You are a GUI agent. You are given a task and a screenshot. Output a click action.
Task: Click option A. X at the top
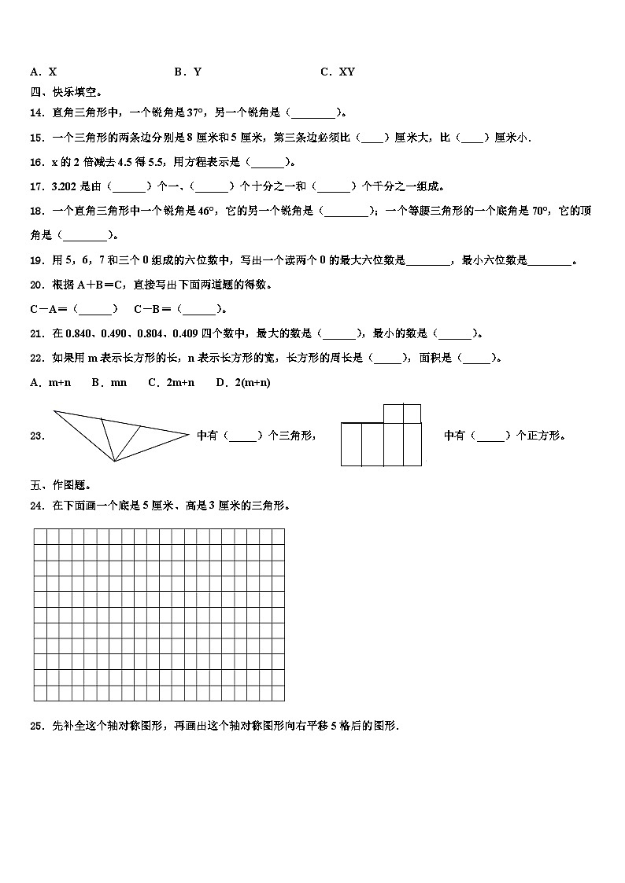[x=43, y=72]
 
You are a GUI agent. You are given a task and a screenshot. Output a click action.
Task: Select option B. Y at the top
[x=187, y=72]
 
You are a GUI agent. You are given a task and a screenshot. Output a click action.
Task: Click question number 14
[x=35, y=112]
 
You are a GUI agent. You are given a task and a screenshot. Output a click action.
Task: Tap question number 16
[x=35, y=162]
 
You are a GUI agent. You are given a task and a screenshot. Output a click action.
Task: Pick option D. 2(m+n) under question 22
[x=242, y=382]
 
